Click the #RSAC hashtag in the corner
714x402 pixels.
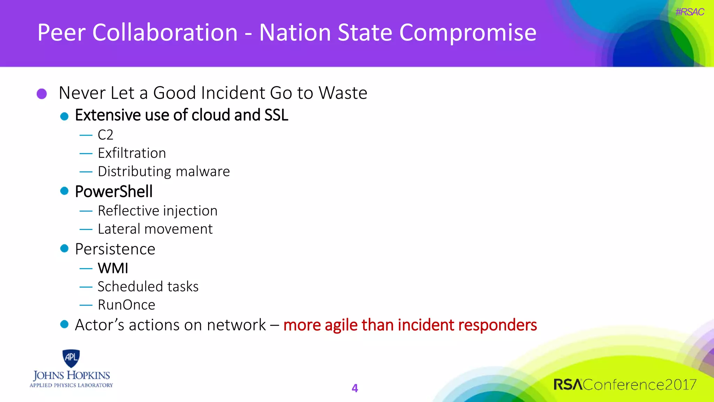pyautogui.click(x=689, y=12)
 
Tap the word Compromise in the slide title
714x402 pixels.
pyautogui.click(x=468, y=33)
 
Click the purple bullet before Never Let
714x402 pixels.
pyautogui.click(x=42, y=94)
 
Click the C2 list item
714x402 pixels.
pyautogui.click(x=105, y=135)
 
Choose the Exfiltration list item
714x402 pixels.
pyautogui.click(x=132, y=153)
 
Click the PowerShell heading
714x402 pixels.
pyautogui.click(x=114, y=192)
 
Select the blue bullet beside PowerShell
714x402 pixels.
pyautogui.click(x=64, y=191)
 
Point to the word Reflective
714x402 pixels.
pyautogui.click(x=128, y=211)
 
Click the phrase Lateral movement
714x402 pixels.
pyautogui.click(x=155, y=229)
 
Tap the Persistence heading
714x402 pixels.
pyautogui.click(x=115, y=249)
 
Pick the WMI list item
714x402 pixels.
pyautogui.click(x=113, y=268)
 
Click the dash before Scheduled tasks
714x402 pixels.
pyautogui.click(x=86, y=287)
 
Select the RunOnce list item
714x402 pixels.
pyautogui.click(x=126, y=305)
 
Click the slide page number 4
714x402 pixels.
pyautogui.click(x=355, y=388)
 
